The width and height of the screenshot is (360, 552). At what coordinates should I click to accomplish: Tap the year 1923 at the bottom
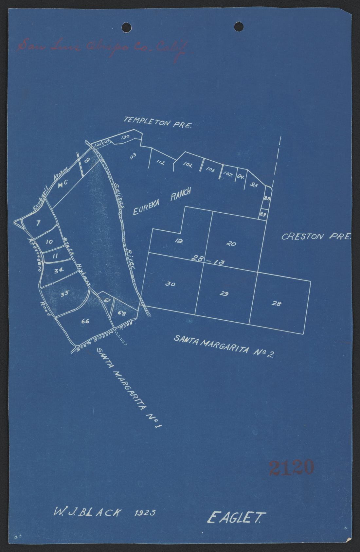(x=145, y=512)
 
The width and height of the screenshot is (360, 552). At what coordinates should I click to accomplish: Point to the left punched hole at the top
(x=126, y=27)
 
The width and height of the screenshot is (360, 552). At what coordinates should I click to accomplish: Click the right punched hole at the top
(x=239, y=27)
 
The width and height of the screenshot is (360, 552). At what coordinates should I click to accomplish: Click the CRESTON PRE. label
(x=315, y=236)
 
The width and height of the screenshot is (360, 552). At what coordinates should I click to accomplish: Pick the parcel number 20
(x=231, y=244)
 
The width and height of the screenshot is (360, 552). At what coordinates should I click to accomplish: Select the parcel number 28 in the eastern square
(x=276, y=304)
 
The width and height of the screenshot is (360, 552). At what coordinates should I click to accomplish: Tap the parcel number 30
(x=170, y=284)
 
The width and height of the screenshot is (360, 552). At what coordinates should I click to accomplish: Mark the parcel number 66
(x=85, y=321)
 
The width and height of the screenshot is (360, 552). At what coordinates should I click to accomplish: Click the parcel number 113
(x=133, y=155)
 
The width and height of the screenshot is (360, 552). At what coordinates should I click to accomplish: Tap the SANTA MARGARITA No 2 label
(x=224, y=346)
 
